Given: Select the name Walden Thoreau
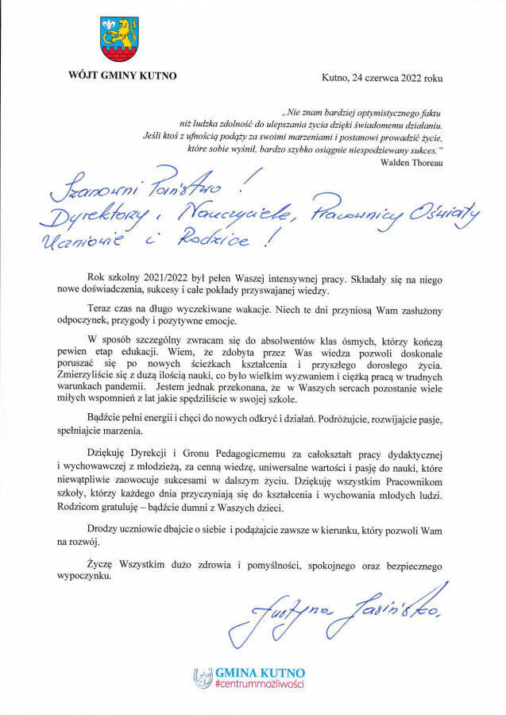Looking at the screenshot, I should tap(411, 162).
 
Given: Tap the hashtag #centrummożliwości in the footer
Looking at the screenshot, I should tap(261, 684).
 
